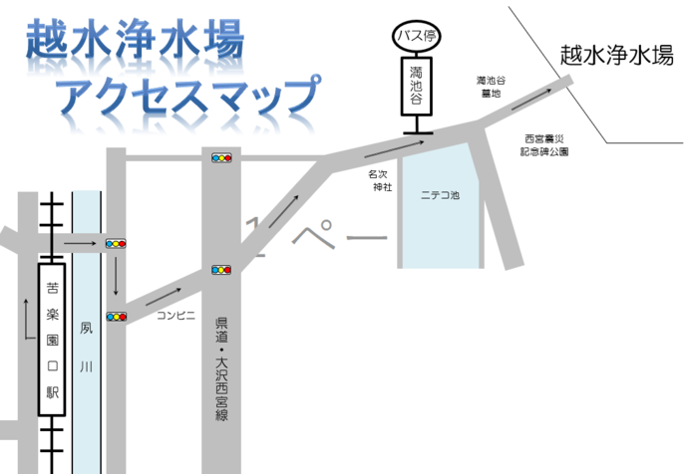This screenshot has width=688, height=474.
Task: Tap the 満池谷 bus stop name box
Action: [417, 86]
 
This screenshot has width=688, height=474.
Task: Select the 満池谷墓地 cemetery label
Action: [490, 86]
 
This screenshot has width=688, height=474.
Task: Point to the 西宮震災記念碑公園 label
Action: [545, 145]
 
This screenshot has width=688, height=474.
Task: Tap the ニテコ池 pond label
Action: [440, 196]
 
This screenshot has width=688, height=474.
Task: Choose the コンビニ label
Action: [174, 316]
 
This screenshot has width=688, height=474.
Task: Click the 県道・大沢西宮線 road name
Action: [221, 369]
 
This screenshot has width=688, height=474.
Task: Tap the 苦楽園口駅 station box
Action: [52, 338]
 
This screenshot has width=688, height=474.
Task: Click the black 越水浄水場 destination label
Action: [615, 56]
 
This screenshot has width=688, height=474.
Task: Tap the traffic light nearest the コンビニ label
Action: [117, 317]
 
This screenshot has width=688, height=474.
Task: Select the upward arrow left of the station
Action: [24, 316]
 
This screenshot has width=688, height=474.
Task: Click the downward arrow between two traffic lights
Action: [117, 279]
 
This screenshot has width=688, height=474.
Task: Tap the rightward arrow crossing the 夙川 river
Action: [78, 242]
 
